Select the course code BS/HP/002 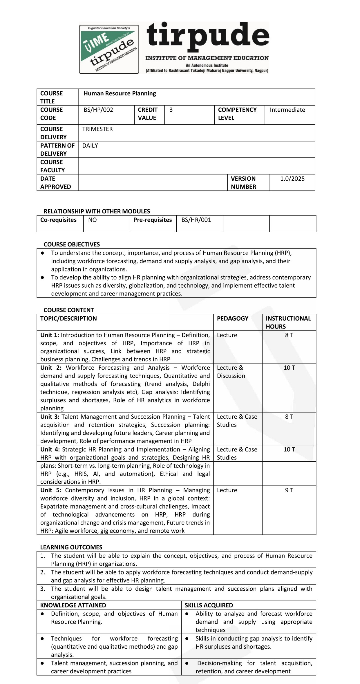point(98,110)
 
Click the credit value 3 point(171,110)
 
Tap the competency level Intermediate point(287,110)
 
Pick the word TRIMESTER point(97,129)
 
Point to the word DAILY point(90,146)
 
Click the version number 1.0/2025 point(292,179)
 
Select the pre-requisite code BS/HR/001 point(196,220)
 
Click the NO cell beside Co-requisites point(92,220)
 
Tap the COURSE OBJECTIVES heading point(72,244)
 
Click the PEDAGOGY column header point(232,318)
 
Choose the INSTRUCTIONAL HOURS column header point(288,322)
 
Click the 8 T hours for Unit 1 point(289,335)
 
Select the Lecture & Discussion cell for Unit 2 point(231,372)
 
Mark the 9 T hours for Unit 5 point(289,490)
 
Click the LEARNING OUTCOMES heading point(71,547)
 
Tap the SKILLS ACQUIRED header point(209,605)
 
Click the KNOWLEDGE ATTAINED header point(73,605)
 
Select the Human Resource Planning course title point(120,93)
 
